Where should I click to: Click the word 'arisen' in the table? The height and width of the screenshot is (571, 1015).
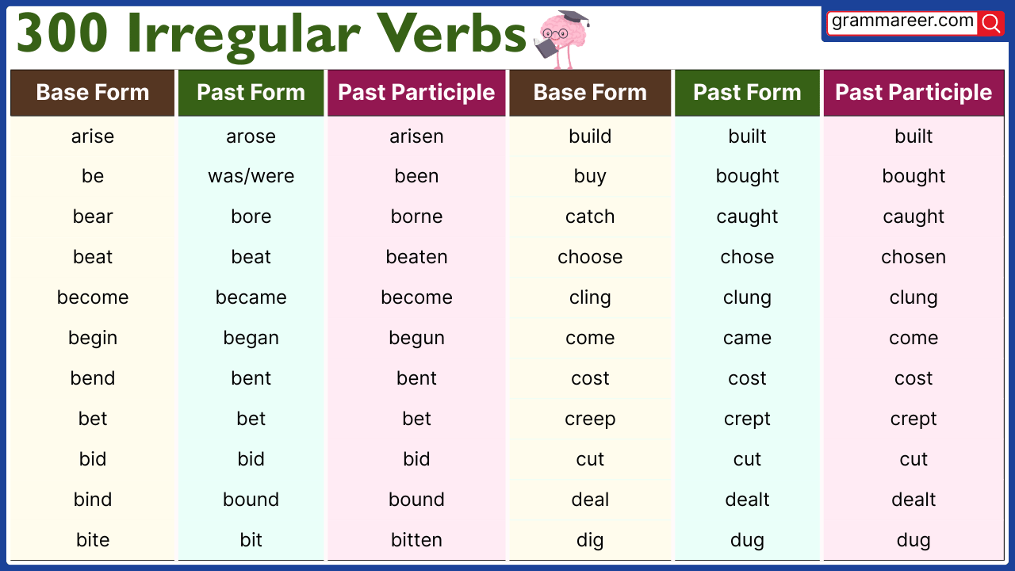[416, 136]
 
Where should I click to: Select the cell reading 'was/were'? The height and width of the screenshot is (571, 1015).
[251, 177]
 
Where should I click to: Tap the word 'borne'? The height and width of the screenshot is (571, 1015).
[416, 217]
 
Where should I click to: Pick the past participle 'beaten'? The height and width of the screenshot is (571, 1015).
[416, 258]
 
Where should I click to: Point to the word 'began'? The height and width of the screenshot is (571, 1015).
[251, 339]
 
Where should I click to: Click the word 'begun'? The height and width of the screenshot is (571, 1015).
[416, 339]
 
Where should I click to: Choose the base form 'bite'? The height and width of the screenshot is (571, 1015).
[93, 540]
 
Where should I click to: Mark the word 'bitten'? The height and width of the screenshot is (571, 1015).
[416, 540]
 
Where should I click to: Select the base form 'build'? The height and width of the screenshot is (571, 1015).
[590, 136]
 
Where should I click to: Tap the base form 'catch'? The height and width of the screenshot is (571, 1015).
[590, 217]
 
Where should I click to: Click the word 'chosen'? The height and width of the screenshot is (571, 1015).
[913, 258]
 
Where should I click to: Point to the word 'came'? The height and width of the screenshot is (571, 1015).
[747, 339]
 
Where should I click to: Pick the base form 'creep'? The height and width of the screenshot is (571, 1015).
[590, 420]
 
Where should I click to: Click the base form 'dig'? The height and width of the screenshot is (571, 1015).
[590, 541]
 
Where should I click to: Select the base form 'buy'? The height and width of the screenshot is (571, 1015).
[590, 177]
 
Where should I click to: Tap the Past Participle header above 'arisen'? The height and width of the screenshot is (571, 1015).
[416, 93]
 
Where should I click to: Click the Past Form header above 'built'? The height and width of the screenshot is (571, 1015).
[747, 93]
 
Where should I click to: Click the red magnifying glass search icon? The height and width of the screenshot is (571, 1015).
[990, 23]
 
